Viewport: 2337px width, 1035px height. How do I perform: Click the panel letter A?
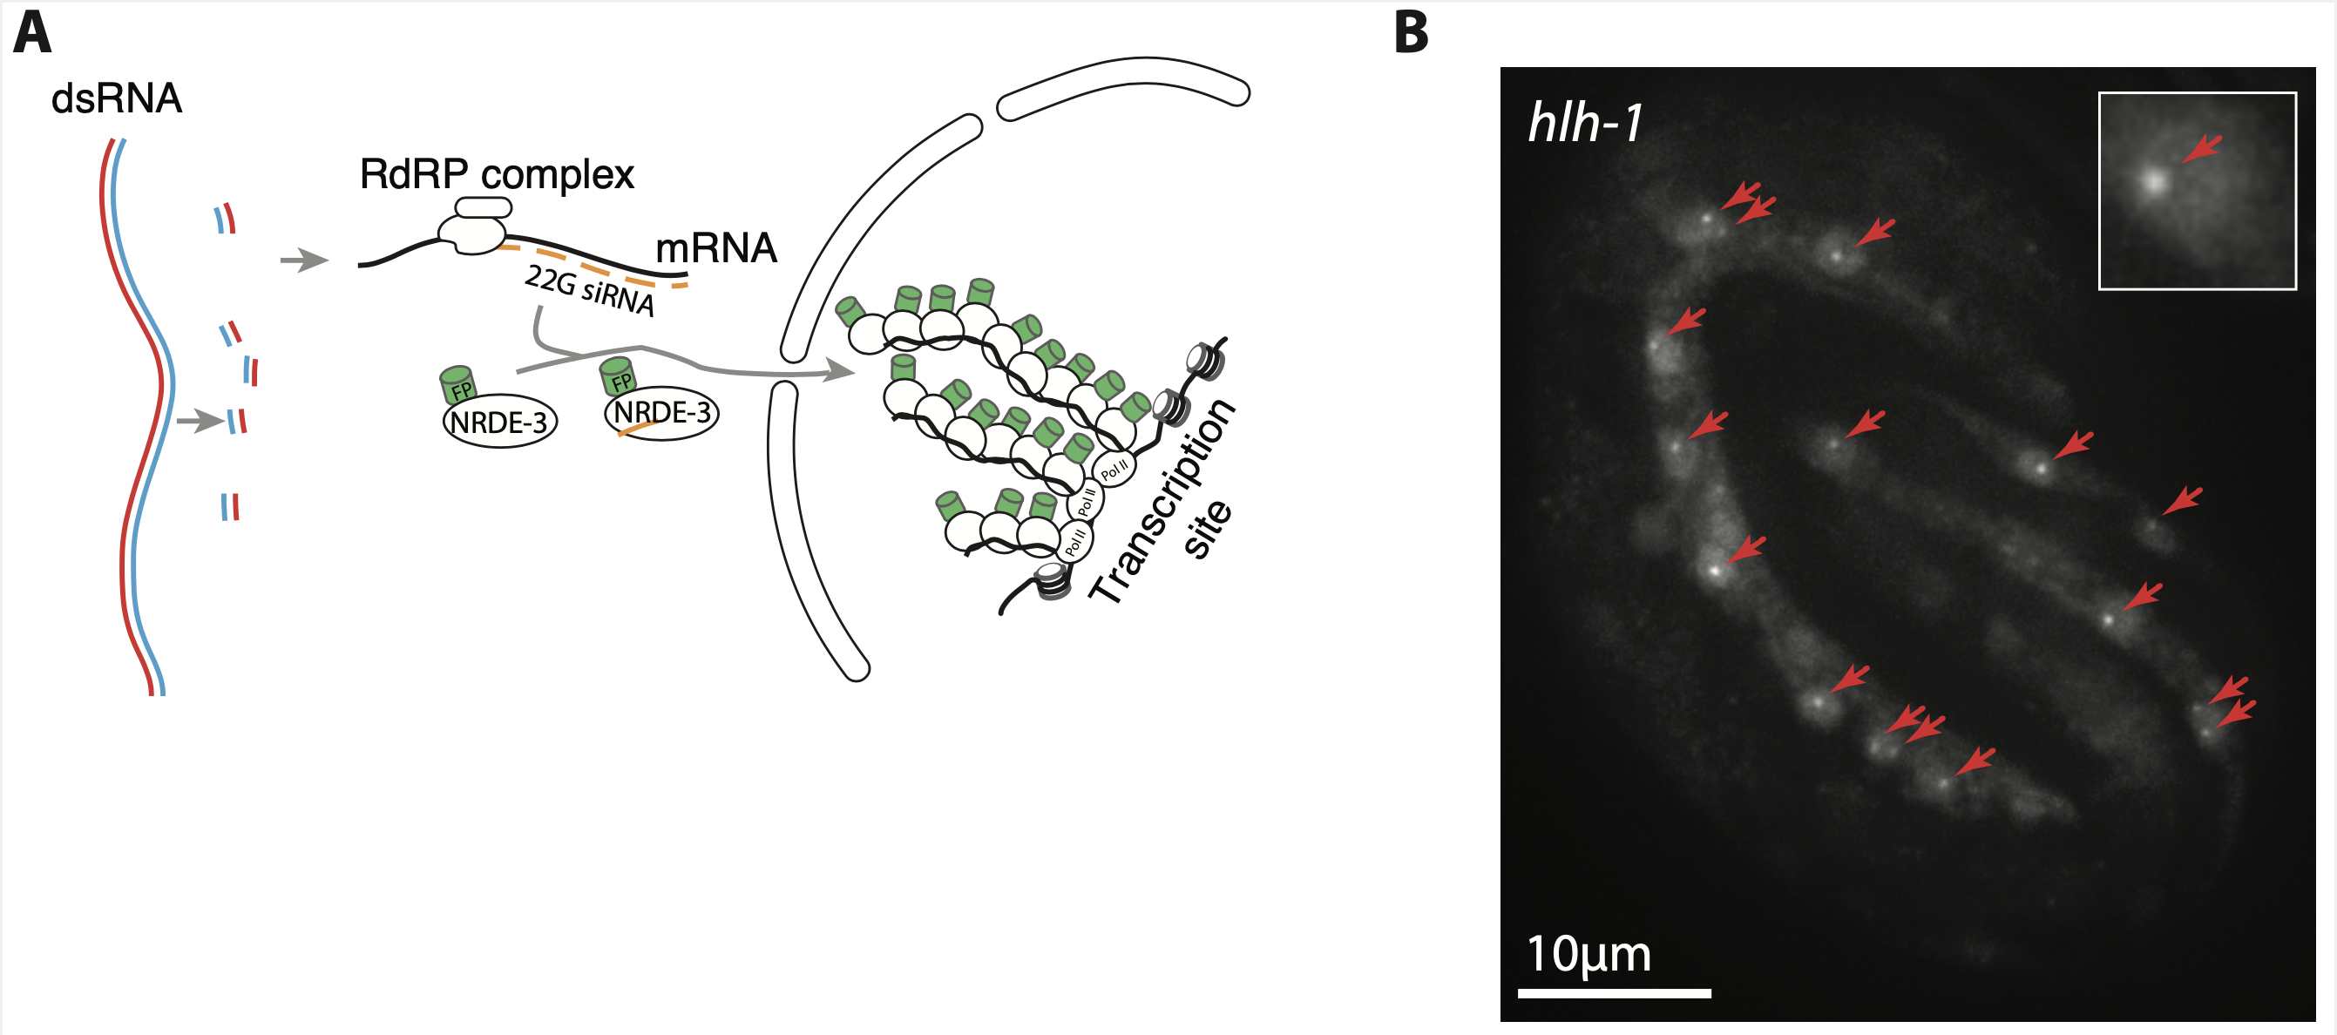point(32,34)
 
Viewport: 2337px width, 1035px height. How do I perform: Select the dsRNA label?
point(116,98)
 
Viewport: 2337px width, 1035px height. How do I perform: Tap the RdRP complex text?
point(497,173)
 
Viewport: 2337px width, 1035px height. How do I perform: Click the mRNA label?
point(715,247)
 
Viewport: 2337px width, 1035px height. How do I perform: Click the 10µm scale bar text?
point(1588,953)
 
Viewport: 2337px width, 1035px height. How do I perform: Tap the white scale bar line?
point(1614,993)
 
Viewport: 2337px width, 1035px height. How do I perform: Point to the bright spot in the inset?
point(2155,182)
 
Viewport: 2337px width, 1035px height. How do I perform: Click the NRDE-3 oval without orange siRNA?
point(500,422)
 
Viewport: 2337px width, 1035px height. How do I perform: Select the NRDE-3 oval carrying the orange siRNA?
point(661,414)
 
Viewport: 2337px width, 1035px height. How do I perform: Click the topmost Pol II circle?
point(1114,468)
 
